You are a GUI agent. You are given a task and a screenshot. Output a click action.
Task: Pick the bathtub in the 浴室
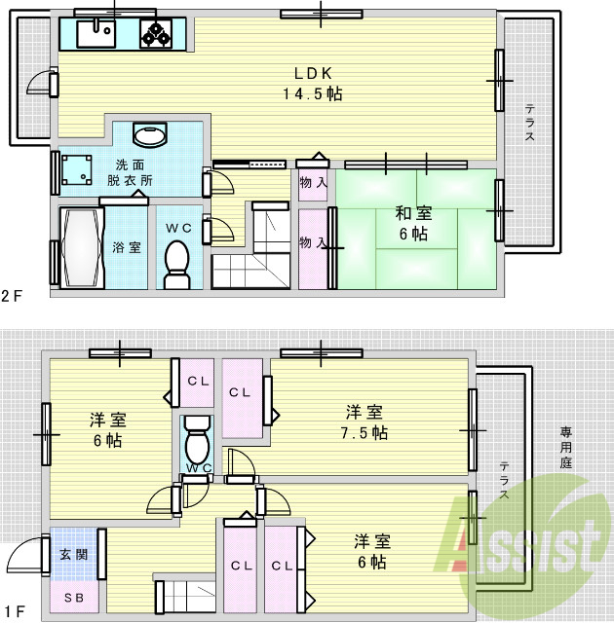coord(79,247)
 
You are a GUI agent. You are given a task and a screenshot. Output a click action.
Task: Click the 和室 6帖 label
coord(412,223)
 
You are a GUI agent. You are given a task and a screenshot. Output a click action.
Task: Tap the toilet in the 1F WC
coord(197,443)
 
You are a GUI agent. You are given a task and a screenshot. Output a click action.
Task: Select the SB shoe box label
coord(73,597)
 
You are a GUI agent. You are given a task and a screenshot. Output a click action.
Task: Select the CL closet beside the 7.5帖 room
coord(242,393)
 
